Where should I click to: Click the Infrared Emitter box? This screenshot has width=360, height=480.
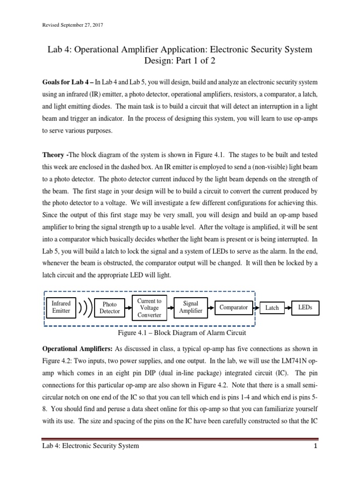pos(61,307)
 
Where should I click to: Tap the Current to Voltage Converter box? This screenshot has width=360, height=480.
pos(149,307)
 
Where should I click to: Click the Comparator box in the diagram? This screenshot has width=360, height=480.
pos(233,307)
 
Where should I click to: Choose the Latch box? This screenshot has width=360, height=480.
pos(272,308)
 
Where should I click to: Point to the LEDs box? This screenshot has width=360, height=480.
pos(305,307)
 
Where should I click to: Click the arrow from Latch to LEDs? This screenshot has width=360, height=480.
pos(287,308)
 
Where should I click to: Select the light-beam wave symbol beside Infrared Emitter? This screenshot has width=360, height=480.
pos(85,308)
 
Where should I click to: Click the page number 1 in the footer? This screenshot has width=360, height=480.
pos(316,446)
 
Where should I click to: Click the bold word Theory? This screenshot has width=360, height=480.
pos(53,156)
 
